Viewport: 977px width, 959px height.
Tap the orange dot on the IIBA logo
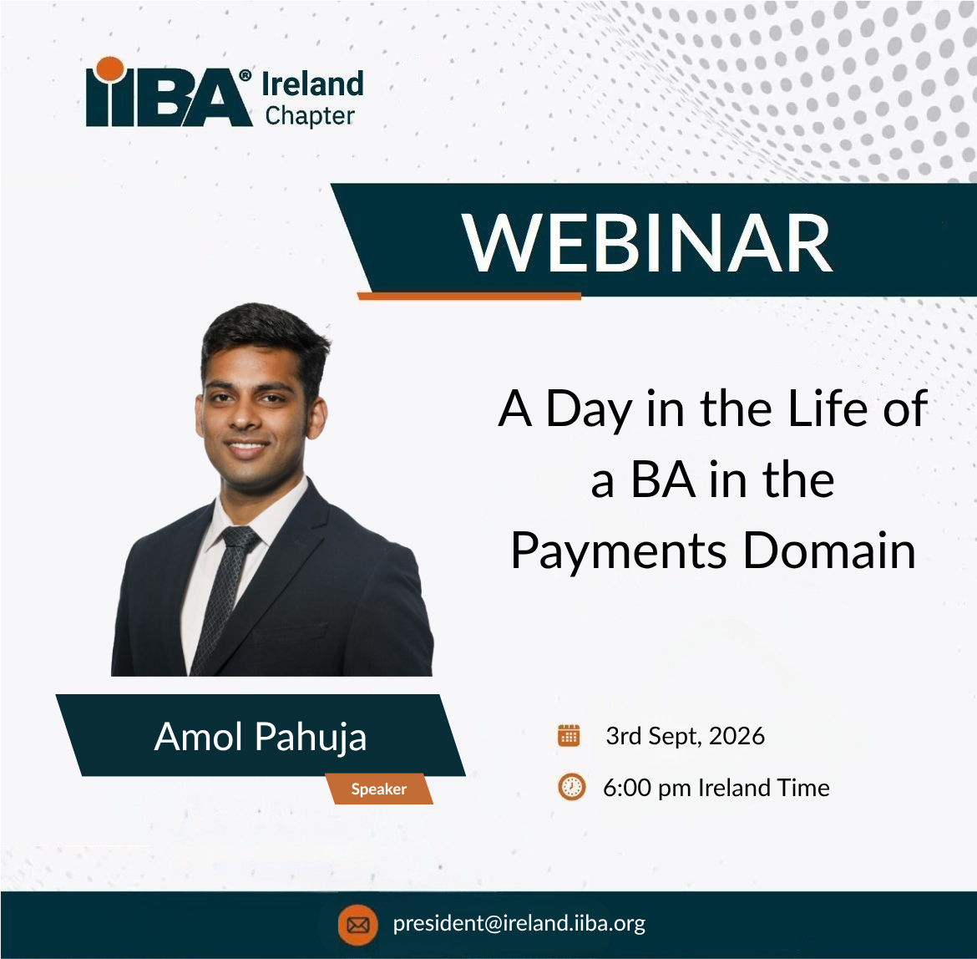point(110,69)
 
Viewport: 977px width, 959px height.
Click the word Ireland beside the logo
point(312,84)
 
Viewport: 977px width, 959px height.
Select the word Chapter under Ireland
point(310,116)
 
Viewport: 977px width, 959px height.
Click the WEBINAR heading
point(647,242)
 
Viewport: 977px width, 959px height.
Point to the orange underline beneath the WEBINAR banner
point(469,296)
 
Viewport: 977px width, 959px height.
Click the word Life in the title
point(828,408)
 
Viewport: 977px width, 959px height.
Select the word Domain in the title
point(829,551)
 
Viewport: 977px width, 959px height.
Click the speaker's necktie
point(225,599)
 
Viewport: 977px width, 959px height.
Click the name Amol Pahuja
point(261,737)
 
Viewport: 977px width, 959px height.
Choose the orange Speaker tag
point(379,789)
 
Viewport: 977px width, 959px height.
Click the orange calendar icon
point(569,735)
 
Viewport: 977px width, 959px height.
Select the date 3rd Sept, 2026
point(685,736)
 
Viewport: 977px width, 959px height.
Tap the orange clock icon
point(571,787)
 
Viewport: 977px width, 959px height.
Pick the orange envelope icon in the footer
point(357,925)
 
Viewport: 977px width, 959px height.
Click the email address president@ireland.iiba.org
point(519,923)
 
